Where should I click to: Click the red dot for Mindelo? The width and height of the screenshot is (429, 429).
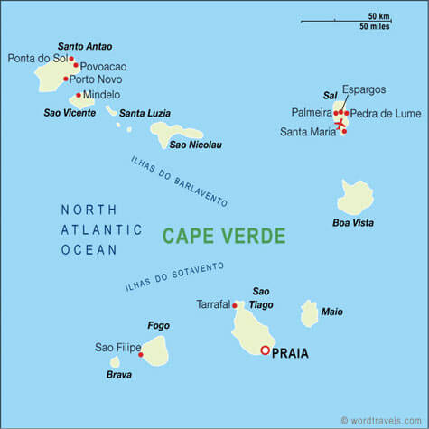(x=79, y=95)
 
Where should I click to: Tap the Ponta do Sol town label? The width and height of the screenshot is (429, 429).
(x=37, y=59)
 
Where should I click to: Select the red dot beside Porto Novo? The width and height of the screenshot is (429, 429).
(x=66, y=79)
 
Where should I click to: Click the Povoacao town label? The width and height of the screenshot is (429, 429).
(x=103, y=67)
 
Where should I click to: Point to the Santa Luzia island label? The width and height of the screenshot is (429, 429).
(x=145, y=113)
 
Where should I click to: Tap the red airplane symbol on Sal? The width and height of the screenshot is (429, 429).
(x=340, y=123)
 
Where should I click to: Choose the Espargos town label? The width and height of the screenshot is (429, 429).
(x=363, y=89)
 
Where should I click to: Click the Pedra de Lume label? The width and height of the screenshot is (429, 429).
(x=382, y=113)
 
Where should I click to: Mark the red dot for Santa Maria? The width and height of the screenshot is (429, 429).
(x=344, y=132)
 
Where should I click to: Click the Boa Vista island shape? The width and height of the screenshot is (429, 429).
(x=355, y=196)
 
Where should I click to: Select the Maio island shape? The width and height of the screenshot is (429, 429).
(x=309, y=313)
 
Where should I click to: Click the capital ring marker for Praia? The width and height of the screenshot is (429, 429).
(x=265, y=350)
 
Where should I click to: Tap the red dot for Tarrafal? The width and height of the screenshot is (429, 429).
(x=235, y=305)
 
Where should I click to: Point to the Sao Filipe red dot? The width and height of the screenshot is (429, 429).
(x=141, y=355)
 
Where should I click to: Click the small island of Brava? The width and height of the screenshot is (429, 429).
(x=115, y=362)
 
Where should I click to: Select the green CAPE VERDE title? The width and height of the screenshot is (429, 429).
(x=224, y=236)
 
